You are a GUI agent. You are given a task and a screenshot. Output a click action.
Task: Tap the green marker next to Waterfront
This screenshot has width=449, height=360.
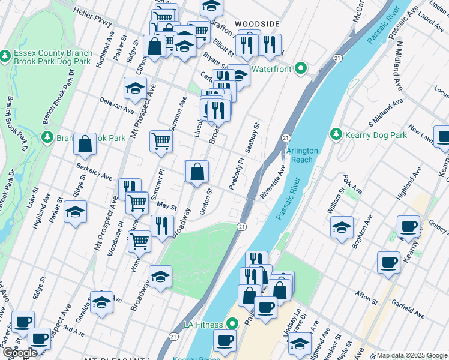[x=301, y=69]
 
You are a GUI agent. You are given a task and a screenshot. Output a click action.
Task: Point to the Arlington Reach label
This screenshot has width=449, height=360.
[x=299, y=155]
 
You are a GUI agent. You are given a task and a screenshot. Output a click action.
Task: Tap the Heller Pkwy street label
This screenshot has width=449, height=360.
[x=93, y=16]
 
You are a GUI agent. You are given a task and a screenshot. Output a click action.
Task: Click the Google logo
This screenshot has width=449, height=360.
[x=21, y=353]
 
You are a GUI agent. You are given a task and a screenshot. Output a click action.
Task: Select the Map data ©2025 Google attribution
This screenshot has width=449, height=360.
[x=412, y=355]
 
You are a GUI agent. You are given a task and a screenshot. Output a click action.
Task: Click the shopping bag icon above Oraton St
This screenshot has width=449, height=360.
[x=197, y=172]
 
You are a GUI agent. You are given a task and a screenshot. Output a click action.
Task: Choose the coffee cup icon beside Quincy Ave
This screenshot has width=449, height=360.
[x=408, y=227]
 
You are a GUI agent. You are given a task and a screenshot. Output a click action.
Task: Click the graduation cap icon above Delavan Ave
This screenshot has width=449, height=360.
[x=135, y=88]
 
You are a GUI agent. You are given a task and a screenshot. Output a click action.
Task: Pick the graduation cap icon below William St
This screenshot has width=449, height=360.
[x=341, y=227]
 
